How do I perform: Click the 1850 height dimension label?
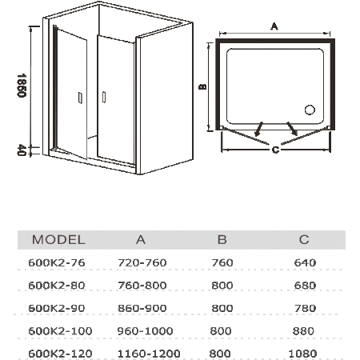click(x=22, y=86)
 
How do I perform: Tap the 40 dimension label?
click(x=22, y=150)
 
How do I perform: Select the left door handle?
click(x=80, y=98)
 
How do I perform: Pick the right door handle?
click(x=104, y=97)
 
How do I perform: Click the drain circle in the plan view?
click(x=310, y=110)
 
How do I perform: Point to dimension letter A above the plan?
click(x=274, y=26)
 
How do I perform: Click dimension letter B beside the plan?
click(x=203, y=86)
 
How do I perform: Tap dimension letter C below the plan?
click(x=275, y=150)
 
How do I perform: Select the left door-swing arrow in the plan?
click(x=258, y=129)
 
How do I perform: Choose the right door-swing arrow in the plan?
click(x=292, y=129)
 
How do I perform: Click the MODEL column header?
click(x=58, y=240)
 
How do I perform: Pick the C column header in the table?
click(x=304, y=240)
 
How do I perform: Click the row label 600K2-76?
click(x=57, y=263)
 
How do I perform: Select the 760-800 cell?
click(x=142, y=286)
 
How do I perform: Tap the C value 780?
click(x=305, y=308)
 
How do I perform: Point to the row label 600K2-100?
click(x=60, y=331)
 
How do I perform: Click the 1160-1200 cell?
click(x=149, y=354)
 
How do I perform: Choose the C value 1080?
click(x=303, y=354)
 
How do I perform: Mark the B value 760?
click(x=222, y=263)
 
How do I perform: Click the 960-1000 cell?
click(x=146, y=331)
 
